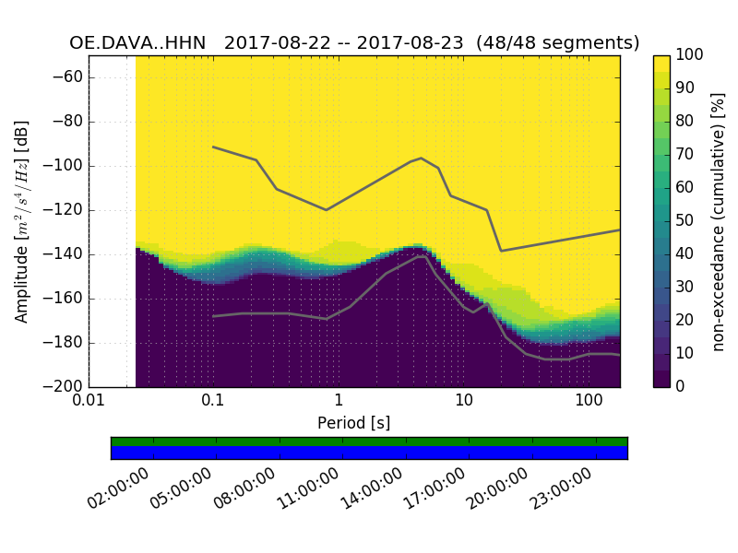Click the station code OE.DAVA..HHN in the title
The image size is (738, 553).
pyautogui.click(x=137, y=43)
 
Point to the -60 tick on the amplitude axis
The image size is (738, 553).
pyautogui.click(x=70, y=77)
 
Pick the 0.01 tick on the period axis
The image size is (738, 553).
pyautogui.click(x=89, y=402)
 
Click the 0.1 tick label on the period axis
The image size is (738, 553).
pyautogui.click(x=213, y=402)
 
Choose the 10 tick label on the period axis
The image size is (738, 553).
pyautogui.click(x=464, y=402)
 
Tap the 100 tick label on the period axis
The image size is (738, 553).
pyautogui.click(x=589, y=402)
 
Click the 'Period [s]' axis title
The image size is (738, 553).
pyautogui.click(x=354, y=423)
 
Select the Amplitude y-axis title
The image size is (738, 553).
pyautogui.click(x=22, y=221)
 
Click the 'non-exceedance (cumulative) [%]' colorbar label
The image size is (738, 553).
pyautogui.click(x=719, y=221)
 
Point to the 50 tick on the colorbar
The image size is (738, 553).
pyautogui.click(x=684, y=221)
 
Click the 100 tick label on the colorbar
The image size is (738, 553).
pyautogui.click(x=690, y=55)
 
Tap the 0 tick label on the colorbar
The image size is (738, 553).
pyautogui.click(x=681, y=387)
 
